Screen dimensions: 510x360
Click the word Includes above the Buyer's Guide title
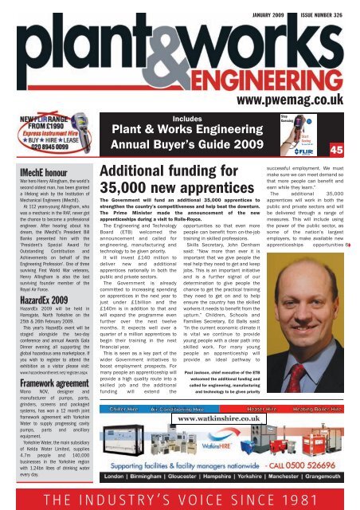pyautogui.click(x=184, y=118)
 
